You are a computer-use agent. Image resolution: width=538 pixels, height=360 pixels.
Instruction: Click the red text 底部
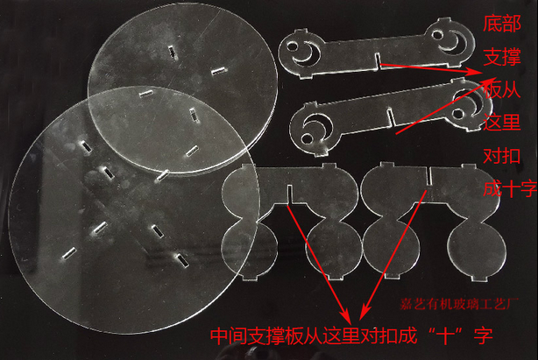[x=502, y=24]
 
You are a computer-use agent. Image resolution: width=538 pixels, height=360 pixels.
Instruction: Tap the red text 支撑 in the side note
[x=502, y=57]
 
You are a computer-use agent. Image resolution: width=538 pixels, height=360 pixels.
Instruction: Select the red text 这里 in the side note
[x=502, y=122]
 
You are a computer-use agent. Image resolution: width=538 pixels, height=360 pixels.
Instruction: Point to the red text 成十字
[x=510, y=188]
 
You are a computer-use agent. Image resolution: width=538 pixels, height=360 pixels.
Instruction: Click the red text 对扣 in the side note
[x=502, y=156]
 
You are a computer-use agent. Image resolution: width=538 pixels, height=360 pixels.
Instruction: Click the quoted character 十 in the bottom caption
[x=445, y=335]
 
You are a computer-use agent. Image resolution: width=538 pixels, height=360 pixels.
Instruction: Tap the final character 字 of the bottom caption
[x=483, y=335]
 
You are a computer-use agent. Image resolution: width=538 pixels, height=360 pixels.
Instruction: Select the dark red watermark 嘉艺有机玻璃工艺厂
[x=459, y=304]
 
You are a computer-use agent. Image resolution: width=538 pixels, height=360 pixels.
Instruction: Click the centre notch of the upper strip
[x=378, y=60]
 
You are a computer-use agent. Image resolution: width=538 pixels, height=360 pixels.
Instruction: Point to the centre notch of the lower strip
[x=391, y=116]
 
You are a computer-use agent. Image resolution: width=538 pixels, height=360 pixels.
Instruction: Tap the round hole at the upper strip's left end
[x=293, y=46]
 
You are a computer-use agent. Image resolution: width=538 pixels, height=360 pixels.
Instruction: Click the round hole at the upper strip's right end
[x=437, y=35]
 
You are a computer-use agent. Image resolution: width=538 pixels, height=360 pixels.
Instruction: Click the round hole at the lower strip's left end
[x=307, y=139]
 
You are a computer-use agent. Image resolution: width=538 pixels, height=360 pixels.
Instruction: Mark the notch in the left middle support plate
[x=290, y=194]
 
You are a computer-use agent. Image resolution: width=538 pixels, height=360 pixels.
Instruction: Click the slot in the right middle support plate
[x=429, y=176]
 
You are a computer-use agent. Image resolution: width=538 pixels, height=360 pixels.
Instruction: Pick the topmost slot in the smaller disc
[x=173, y=52]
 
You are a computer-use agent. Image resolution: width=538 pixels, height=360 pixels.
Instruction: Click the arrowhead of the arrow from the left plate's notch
[x=347, y=316]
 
